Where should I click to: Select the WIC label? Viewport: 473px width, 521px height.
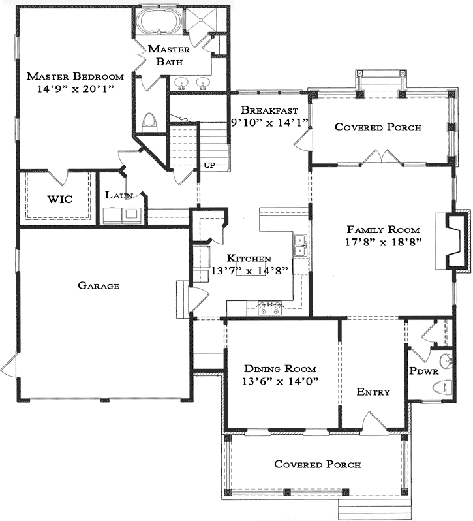pyautogui.click(x=59, y=198)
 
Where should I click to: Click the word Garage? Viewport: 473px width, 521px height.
pyautogui.click(x=98, y=285)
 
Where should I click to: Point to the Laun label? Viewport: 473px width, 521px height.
pyautogui.click(x=119, y=195)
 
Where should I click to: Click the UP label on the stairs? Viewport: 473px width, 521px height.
pyautogui.click(x=210, y=165)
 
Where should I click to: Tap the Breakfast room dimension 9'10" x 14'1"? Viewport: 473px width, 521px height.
pyautogui.click(x=268, y=122)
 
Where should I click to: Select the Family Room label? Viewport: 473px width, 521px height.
pyautogui.click(x=383, y=230)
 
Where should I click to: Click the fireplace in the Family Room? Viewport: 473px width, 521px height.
pyautogui.click(x=457, y=240)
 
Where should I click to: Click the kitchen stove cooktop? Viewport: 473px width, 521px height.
pyautogui.click(x=269, y=308)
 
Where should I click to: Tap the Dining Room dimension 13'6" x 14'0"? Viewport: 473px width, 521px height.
pyautogui.click(x=281, y=382)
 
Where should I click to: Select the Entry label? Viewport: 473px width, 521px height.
pyautogui.click(x=373, y=392)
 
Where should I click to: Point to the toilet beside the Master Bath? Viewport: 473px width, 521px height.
pyautogui.click(x=149, y=121)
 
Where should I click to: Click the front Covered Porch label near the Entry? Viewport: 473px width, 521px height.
pyautogui.click(x=317, y=464)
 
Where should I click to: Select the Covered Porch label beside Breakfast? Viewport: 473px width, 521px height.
pyautogui.click(x=378, y=127)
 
